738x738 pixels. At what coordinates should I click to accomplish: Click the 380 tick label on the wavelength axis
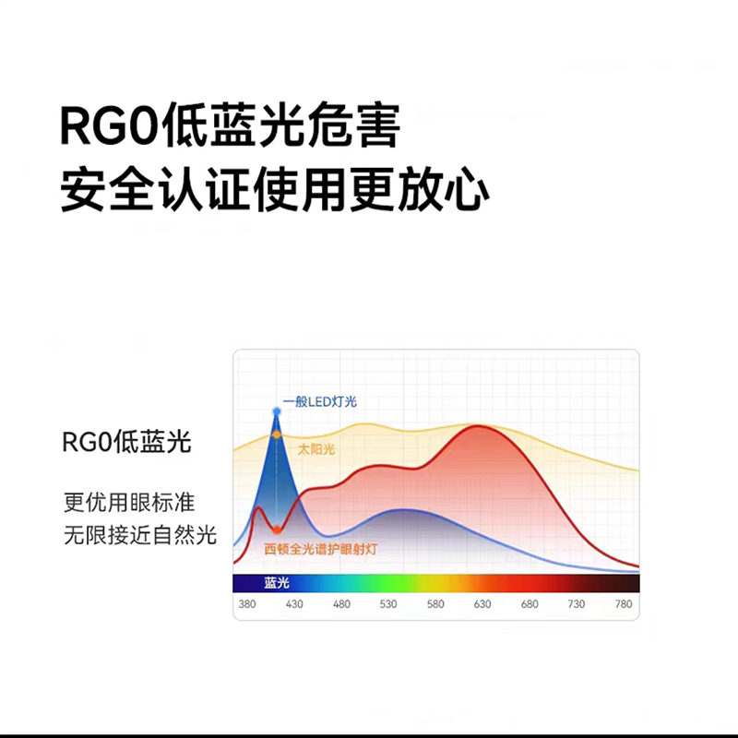point(247,604)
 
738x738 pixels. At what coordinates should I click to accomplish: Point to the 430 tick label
point(294,604)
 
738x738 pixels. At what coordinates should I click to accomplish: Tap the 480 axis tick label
point(341,604)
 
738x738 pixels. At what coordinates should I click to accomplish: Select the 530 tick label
point(388,604)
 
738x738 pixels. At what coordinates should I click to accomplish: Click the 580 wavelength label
point(435,604)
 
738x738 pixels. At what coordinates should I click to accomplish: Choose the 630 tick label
point(482,604)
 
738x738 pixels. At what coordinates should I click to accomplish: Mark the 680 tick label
point(530,604)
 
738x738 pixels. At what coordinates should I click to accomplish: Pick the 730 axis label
point(577,604)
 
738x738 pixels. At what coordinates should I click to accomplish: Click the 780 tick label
point(624,604)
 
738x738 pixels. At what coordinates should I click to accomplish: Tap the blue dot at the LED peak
point(277,411)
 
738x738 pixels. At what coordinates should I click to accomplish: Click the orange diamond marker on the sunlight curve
point(277,434)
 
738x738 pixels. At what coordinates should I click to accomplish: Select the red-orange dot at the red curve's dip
point(277,530)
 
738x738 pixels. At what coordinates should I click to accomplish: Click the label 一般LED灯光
point(319,401)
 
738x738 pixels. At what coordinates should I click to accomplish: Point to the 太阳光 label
point(316,449)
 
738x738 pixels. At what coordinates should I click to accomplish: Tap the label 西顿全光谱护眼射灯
point(320,549)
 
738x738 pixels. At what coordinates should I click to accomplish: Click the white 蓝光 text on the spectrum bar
point(276,583)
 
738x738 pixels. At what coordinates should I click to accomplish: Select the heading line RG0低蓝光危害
point(230,125)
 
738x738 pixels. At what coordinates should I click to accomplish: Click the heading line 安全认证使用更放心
point(275,189)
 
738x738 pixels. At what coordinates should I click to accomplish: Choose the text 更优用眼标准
point(129,502)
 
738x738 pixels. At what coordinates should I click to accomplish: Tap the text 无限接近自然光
point(140,535)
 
